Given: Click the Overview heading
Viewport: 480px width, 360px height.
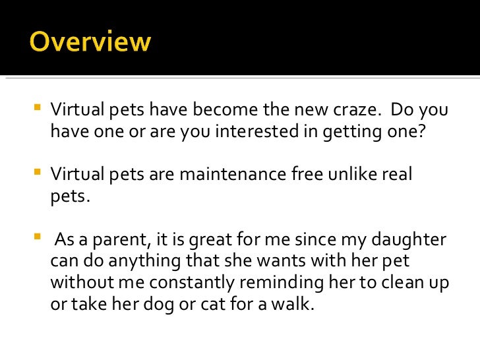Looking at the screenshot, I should [x=90, y=43].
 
